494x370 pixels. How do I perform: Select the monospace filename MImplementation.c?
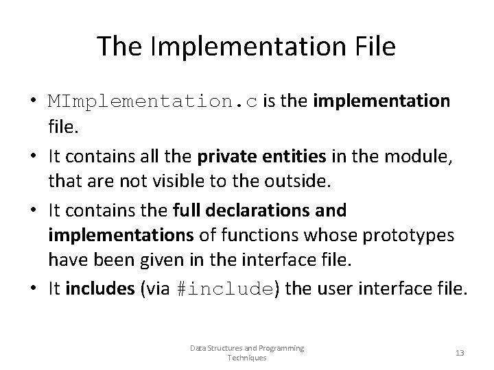[153, 102]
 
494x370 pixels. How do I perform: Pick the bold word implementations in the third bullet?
[121, 236]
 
